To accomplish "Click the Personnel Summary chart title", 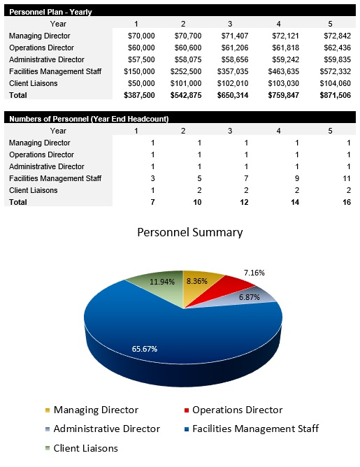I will pyautogui.click(x=189, y=232).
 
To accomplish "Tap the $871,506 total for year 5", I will pyautogui.click(x=333, y=94).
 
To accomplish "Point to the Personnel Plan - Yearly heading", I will pyautogui.click(x=50, y=12).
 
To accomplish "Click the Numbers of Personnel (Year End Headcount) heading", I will pyautogui.click(x=89, y=119).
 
